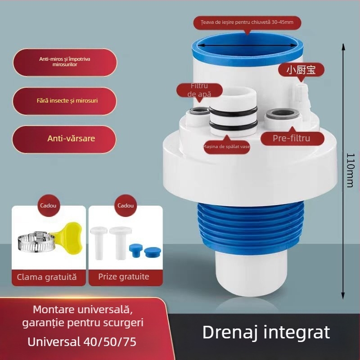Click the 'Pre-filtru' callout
click(291, 138)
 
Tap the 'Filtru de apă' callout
click(200, 90)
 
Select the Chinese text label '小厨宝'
click(301, 70)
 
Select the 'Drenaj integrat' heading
click(266, 332)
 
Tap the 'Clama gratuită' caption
click(47, 277)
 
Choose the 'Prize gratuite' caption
click(123, 277)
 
